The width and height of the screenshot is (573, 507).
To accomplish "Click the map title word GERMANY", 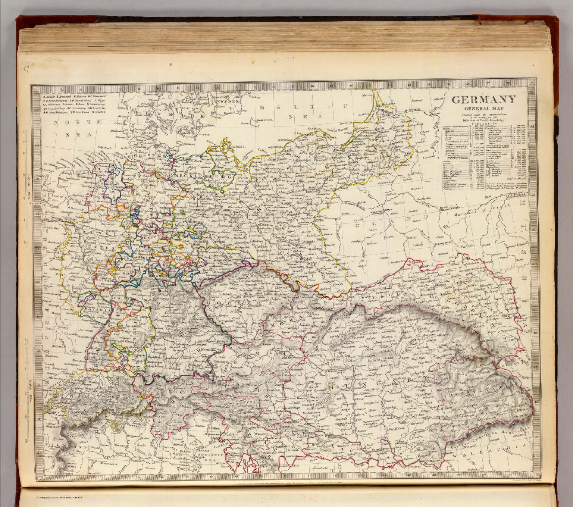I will click(484, 100).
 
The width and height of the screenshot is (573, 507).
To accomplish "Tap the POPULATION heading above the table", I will click(484, 123).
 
